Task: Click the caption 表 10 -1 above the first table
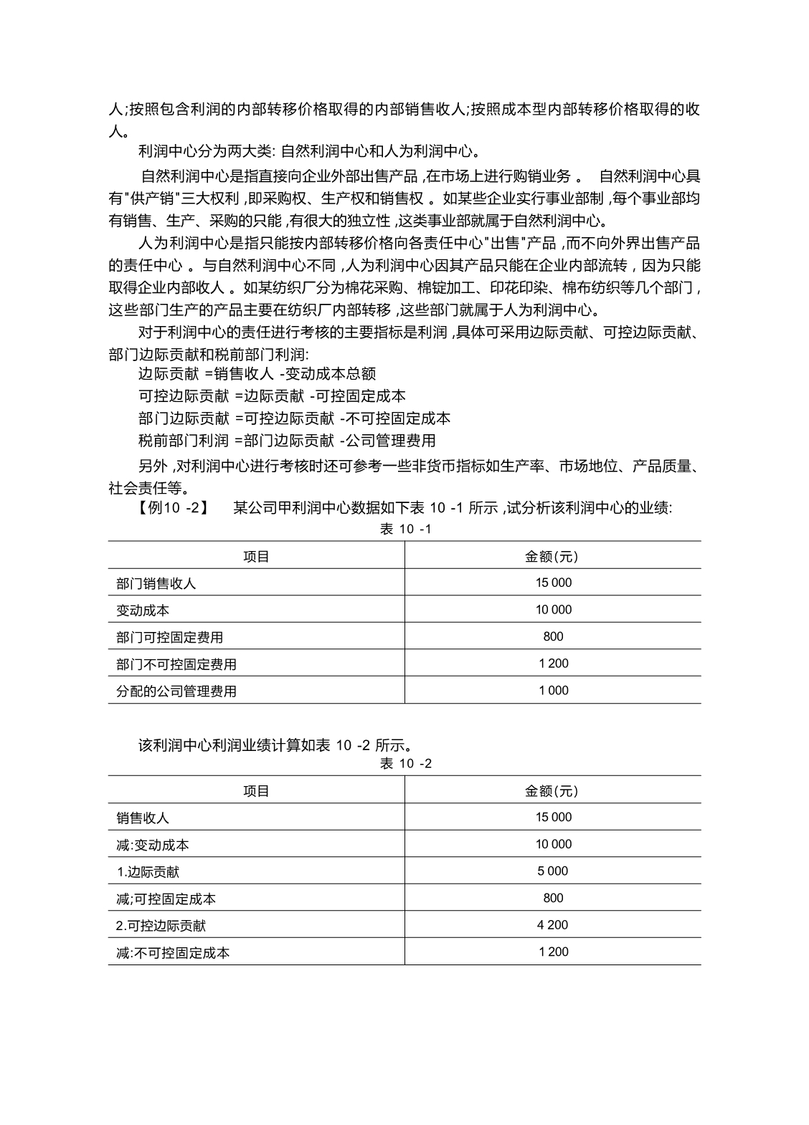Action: point(405,529)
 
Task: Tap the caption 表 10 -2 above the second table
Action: point(405,763)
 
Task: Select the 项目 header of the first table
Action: point(256,556)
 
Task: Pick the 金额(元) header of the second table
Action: point(552,790)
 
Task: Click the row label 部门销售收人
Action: point(156,583)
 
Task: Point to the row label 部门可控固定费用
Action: point(169,637)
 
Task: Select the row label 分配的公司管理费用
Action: point(176,691)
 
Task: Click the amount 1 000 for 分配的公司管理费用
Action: point(553,690)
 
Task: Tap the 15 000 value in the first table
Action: point(553,583)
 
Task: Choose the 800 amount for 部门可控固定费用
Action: point(553,636)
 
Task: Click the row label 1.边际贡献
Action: point(148,872)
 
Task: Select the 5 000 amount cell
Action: point(553,871)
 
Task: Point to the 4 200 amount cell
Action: point(553,924)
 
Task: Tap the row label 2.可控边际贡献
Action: point(161,926)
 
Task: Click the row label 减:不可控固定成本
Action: point(173,953)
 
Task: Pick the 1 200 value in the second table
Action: point(553,952)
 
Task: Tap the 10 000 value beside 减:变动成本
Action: point(553,844)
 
